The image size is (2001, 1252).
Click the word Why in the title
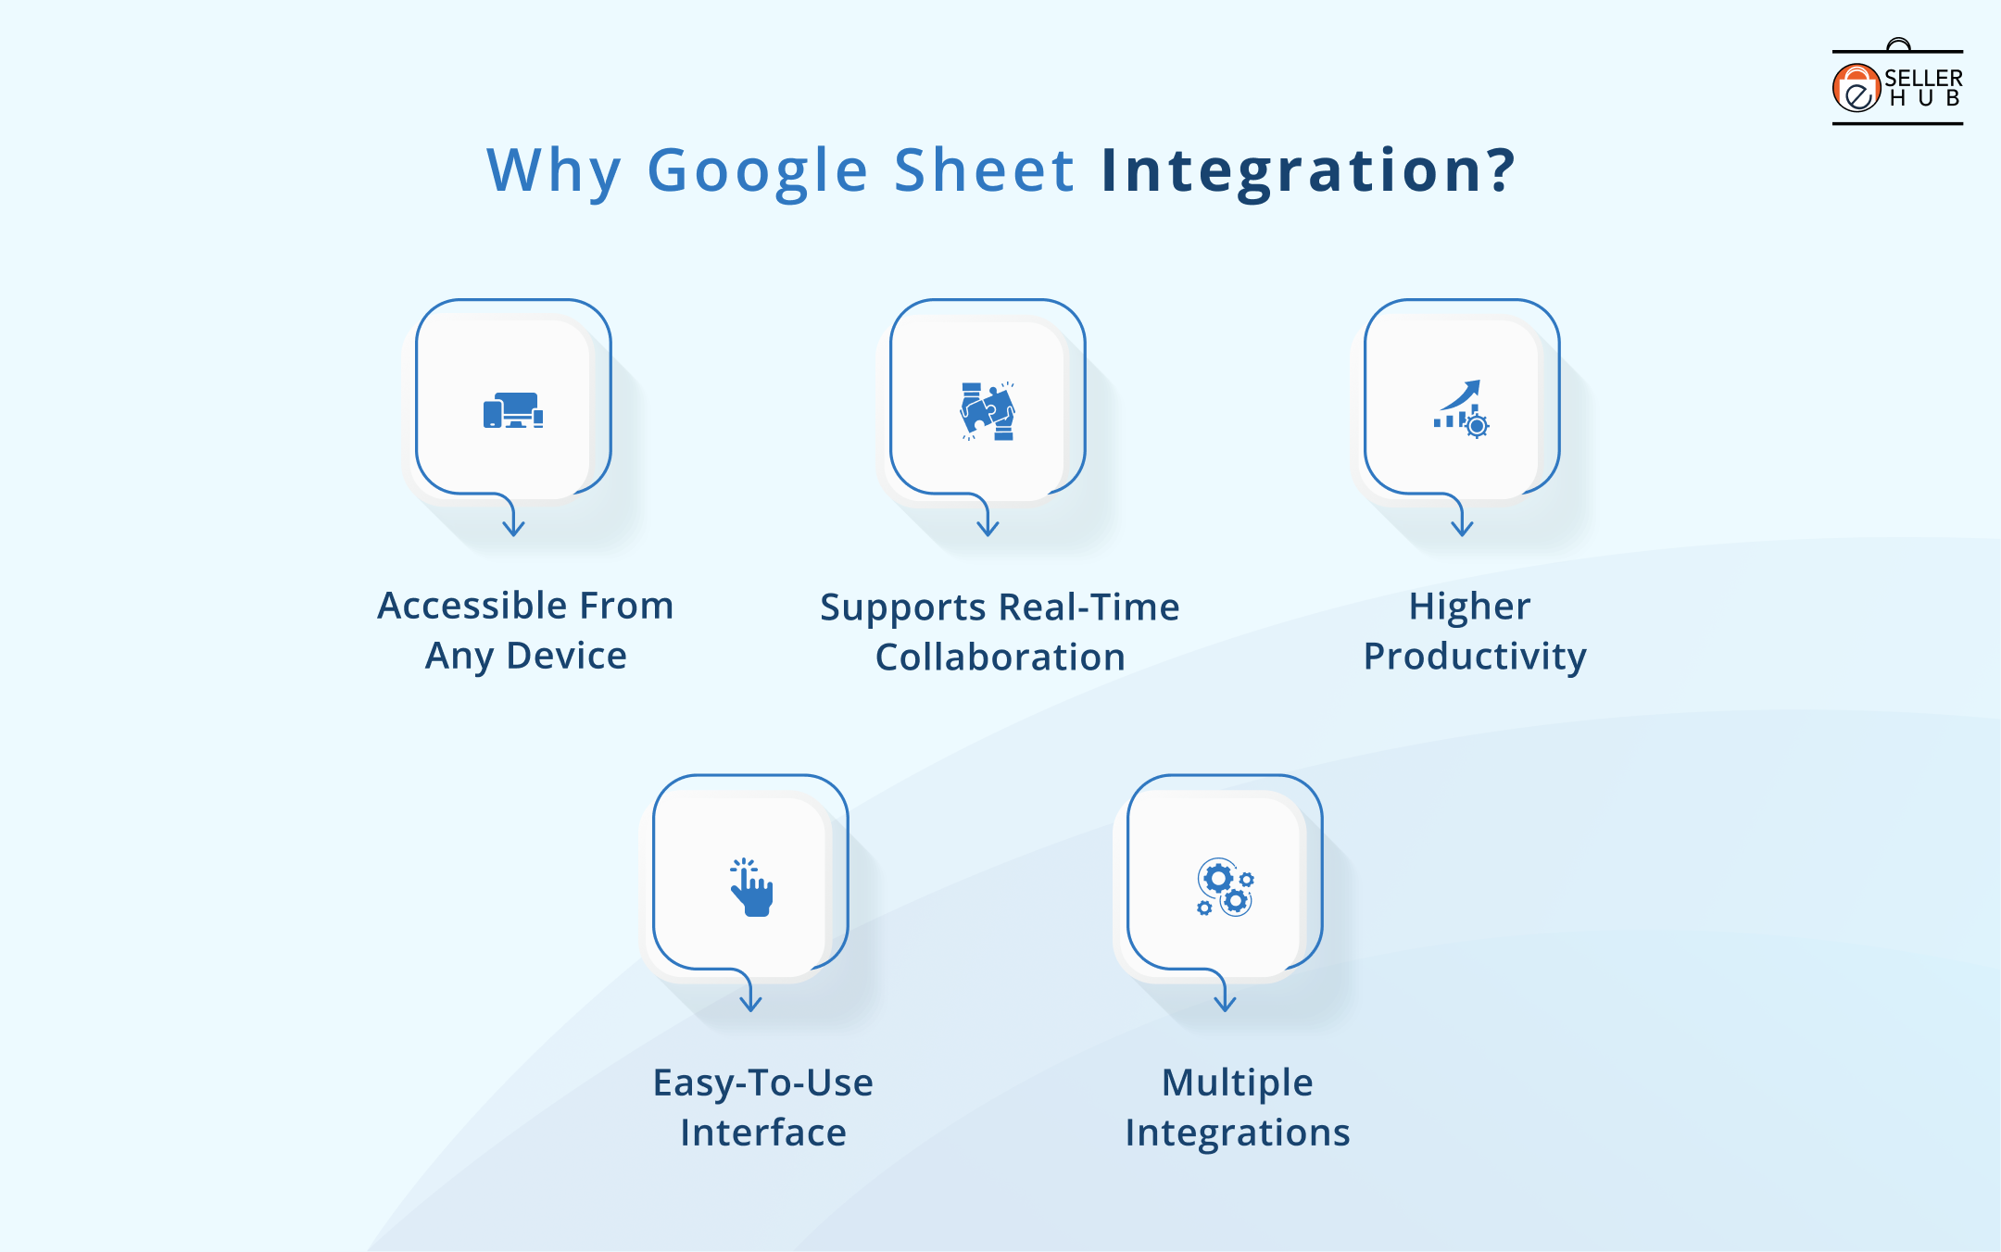pyautogui.click(x=554, y=171)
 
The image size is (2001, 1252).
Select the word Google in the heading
pyautogui.click(x=758, y=171)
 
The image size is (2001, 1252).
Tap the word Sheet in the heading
pyautogui.click(x=984, y=171)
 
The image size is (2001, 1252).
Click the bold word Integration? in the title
pyautogui.click(x=1307, y=171)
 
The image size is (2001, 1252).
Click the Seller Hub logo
pyautogui.click(x=1896, y=86)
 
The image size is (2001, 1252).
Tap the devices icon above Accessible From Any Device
pyautogui.click(x=513, y=410)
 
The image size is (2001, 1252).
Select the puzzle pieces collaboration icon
pyautogui.click(x=988, y=410)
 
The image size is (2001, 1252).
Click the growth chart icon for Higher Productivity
pyautogui.click(x=1462, y=408)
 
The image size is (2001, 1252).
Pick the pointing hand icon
pyautogui.click(x=751, y=887)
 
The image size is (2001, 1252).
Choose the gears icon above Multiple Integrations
pyautogui.click(x=1225, y=887)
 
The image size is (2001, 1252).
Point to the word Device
pyautogui.click(x=566, y=656)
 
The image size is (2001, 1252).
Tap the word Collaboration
pyautogui.click(x=1000, y=657)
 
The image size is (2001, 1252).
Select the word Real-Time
pyautogui.click(x=1089, y=607)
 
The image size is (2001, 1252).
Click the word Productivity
pyautogui.click(x=1475, y=657)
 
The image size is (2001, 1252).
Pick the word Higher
pyautogui.click(x=1469, y=607)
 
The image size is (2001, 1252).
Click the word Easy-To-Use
pyautogui.click(x=762, y=1083)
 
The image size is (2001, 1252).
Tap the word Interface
pyautogui.click(x=763, y=1133)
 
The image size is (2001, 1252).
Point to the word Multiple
pyautogui.click(x=1238, y=1083)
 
